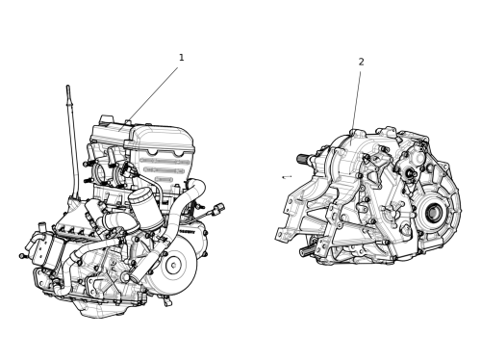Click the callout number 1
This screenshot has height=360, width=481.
tap(182, 58)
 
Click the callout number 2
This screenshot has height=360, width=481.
tap(362, 62)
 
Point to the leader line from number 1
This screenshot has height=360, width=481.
tap(153, 95)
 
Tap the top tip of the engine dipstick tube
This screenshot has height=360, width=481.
tap(68, 86)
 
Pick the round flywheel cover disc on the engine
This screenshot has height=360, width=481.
tap(175, 265)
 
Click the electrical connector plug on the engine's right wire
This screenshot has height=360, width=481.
tap(220, 207)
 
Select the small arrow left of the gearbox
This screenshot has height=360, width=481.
tap(287, 177)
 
